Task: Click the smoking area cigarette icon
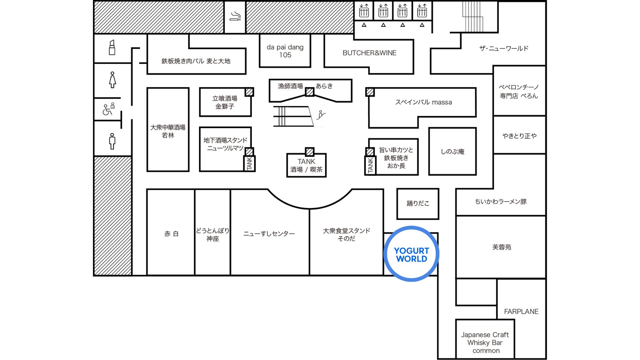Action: [235, 16]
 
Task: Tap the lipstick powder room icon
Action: [112, 47]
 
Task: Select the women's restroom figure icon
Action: [113, 80]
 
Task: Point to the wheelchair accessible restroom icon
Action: [108, 109]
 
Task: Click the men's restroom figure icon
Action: [112, 141]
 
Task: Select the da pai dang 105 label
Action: [285, 51]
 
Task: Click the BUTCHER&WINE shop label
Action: [369, 53]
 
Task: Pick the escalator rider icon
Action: [321, 115]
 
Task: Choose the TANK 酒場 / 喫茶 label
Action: [306, 165]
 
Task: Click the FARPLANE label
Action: [521, 312]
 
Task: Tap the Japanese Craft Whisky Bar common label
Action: [485, 343]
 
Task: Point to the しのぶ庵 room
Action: [452, 151]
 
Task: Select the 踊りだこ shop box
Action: [418, 204]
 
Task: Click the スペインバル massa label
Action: [423, 102]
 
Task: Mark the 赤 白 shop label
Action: [171, 234]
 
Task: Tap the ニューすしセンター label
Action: [269, 234]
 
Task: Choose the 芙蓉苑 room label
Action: [501, 247]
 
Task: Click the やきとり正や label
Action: [519, 136]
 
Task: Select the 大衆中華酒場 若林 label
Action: [168, 131]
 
